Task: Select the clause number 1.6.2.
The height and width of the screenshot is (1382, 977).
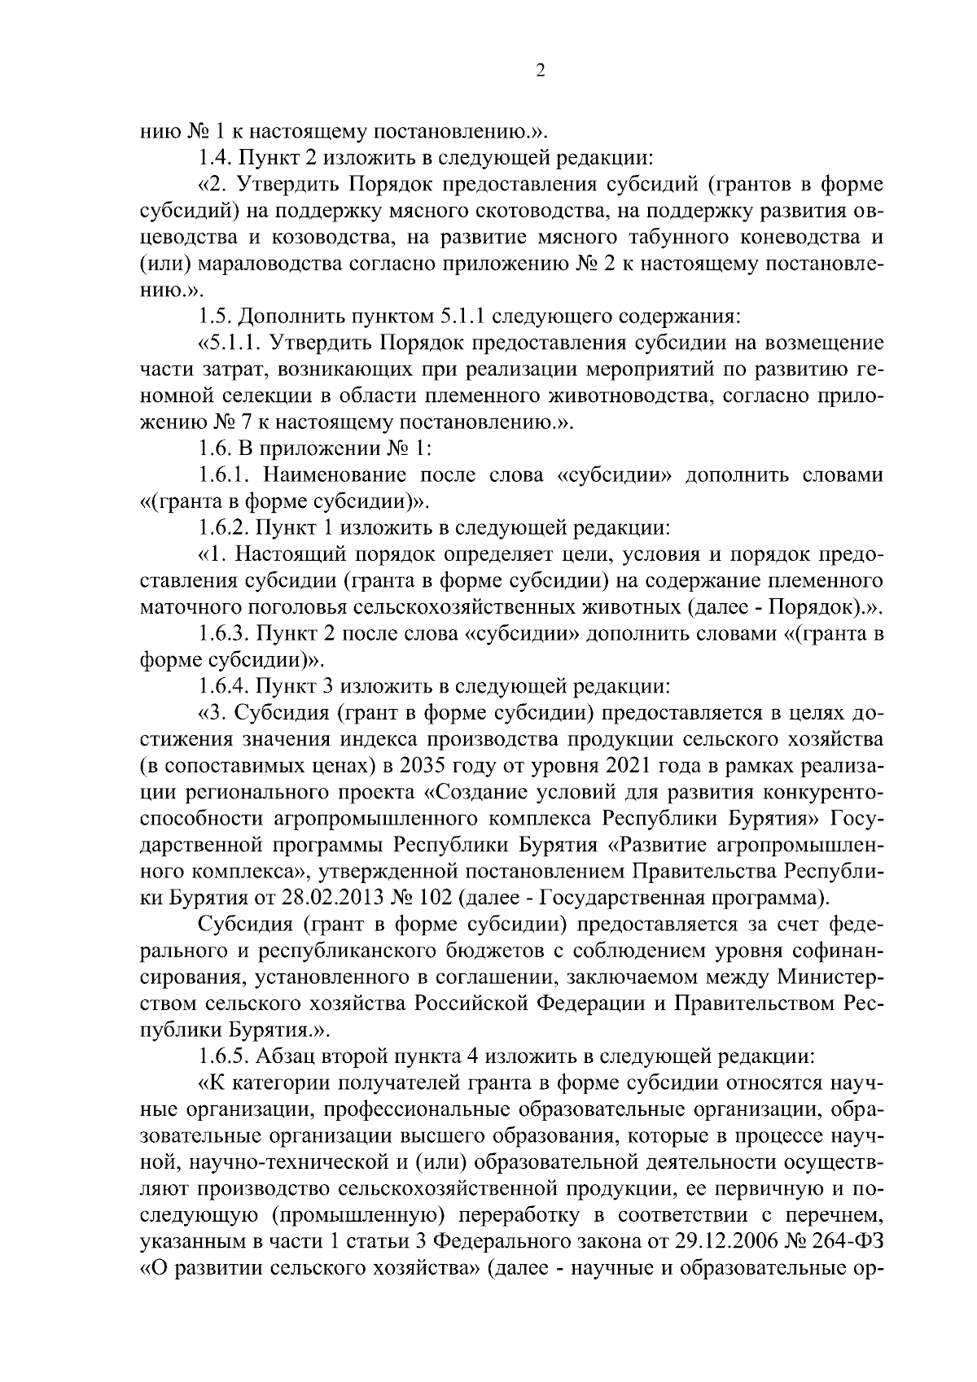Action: tap(230, 528)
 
